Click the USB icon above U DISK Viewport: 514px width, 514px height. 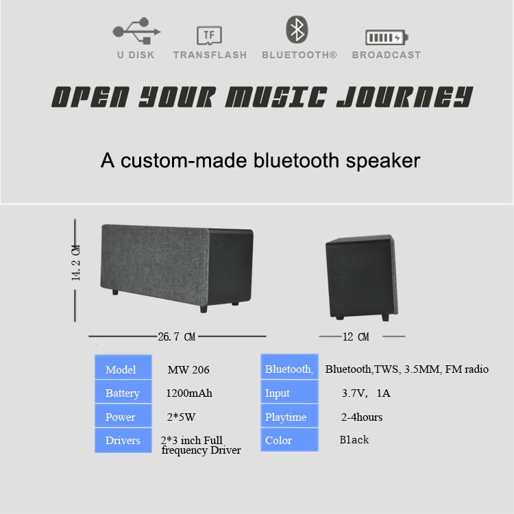136,30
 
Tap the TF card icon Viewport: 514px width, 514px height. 210,35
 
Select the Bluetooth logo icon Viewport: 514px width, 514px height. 297,29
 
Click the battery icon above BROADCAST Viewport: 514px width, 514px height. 387,38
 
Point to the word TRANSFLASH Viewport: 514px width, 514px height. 210,55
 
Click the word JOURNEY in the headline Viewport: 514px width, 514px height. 405,97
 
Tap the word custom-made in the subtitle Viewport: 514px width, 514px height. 184,160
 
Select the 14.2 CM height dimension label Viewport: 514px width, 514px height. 75,262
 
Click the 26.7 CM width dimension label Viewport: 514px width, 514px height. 177,336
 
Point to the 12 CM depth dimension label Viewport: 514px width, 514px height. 356,336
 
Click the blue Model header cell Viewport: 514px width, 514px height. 123,367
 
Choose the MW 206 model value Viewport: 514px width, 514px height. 188,370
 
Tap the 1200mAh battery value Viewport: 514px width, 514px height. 189,393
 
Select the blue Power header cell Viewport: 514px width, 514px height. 123,416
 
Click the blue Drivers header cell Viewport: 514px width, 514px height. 123,440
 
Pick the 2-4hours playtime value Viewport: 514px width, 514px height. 362,417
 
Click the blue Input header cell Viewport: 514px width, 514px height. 289,392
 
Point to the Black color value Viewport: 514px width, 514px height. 354,439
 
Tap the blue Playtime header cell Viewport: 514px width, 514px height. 289,416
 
